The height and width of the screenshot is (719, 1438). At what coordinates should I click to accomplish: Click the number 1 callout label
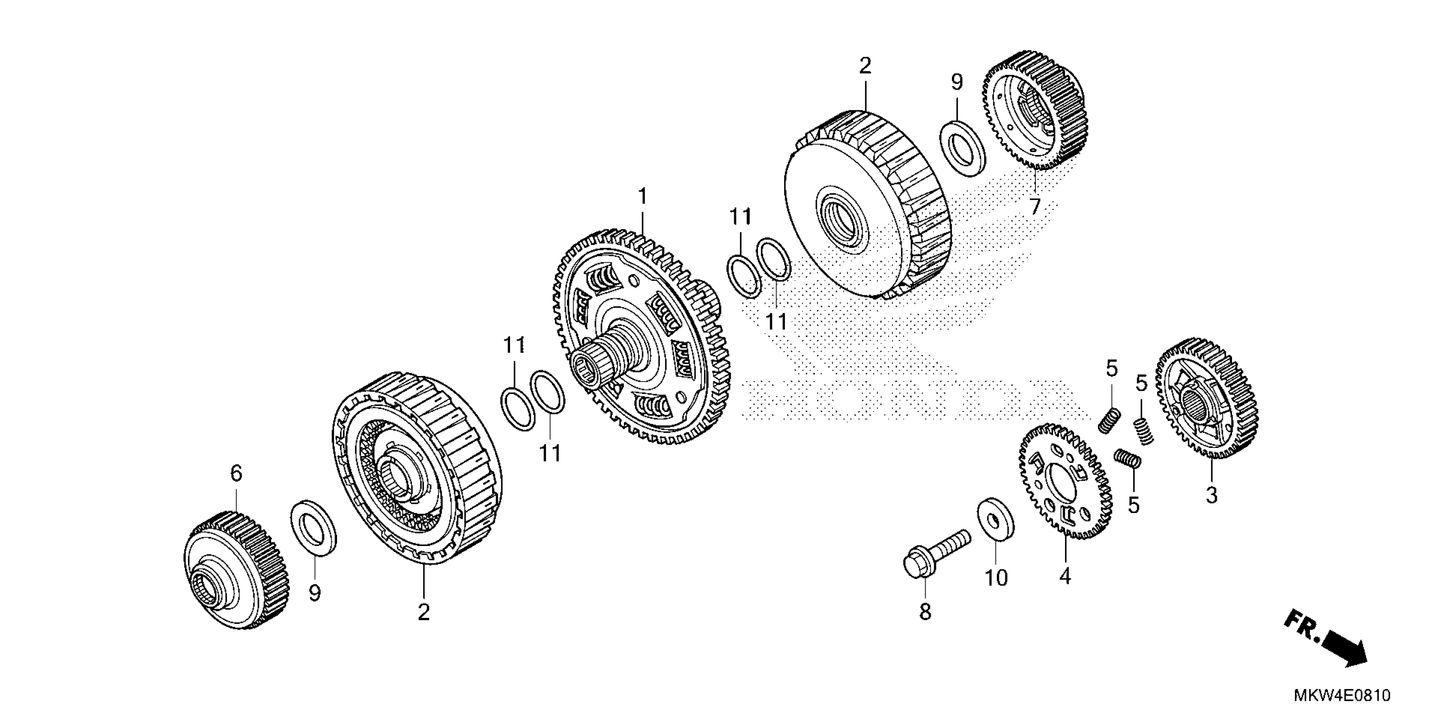tap(643, 197)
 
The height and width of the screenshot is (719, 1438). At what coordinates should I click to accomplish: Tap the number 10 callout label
tap(996, 578)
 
